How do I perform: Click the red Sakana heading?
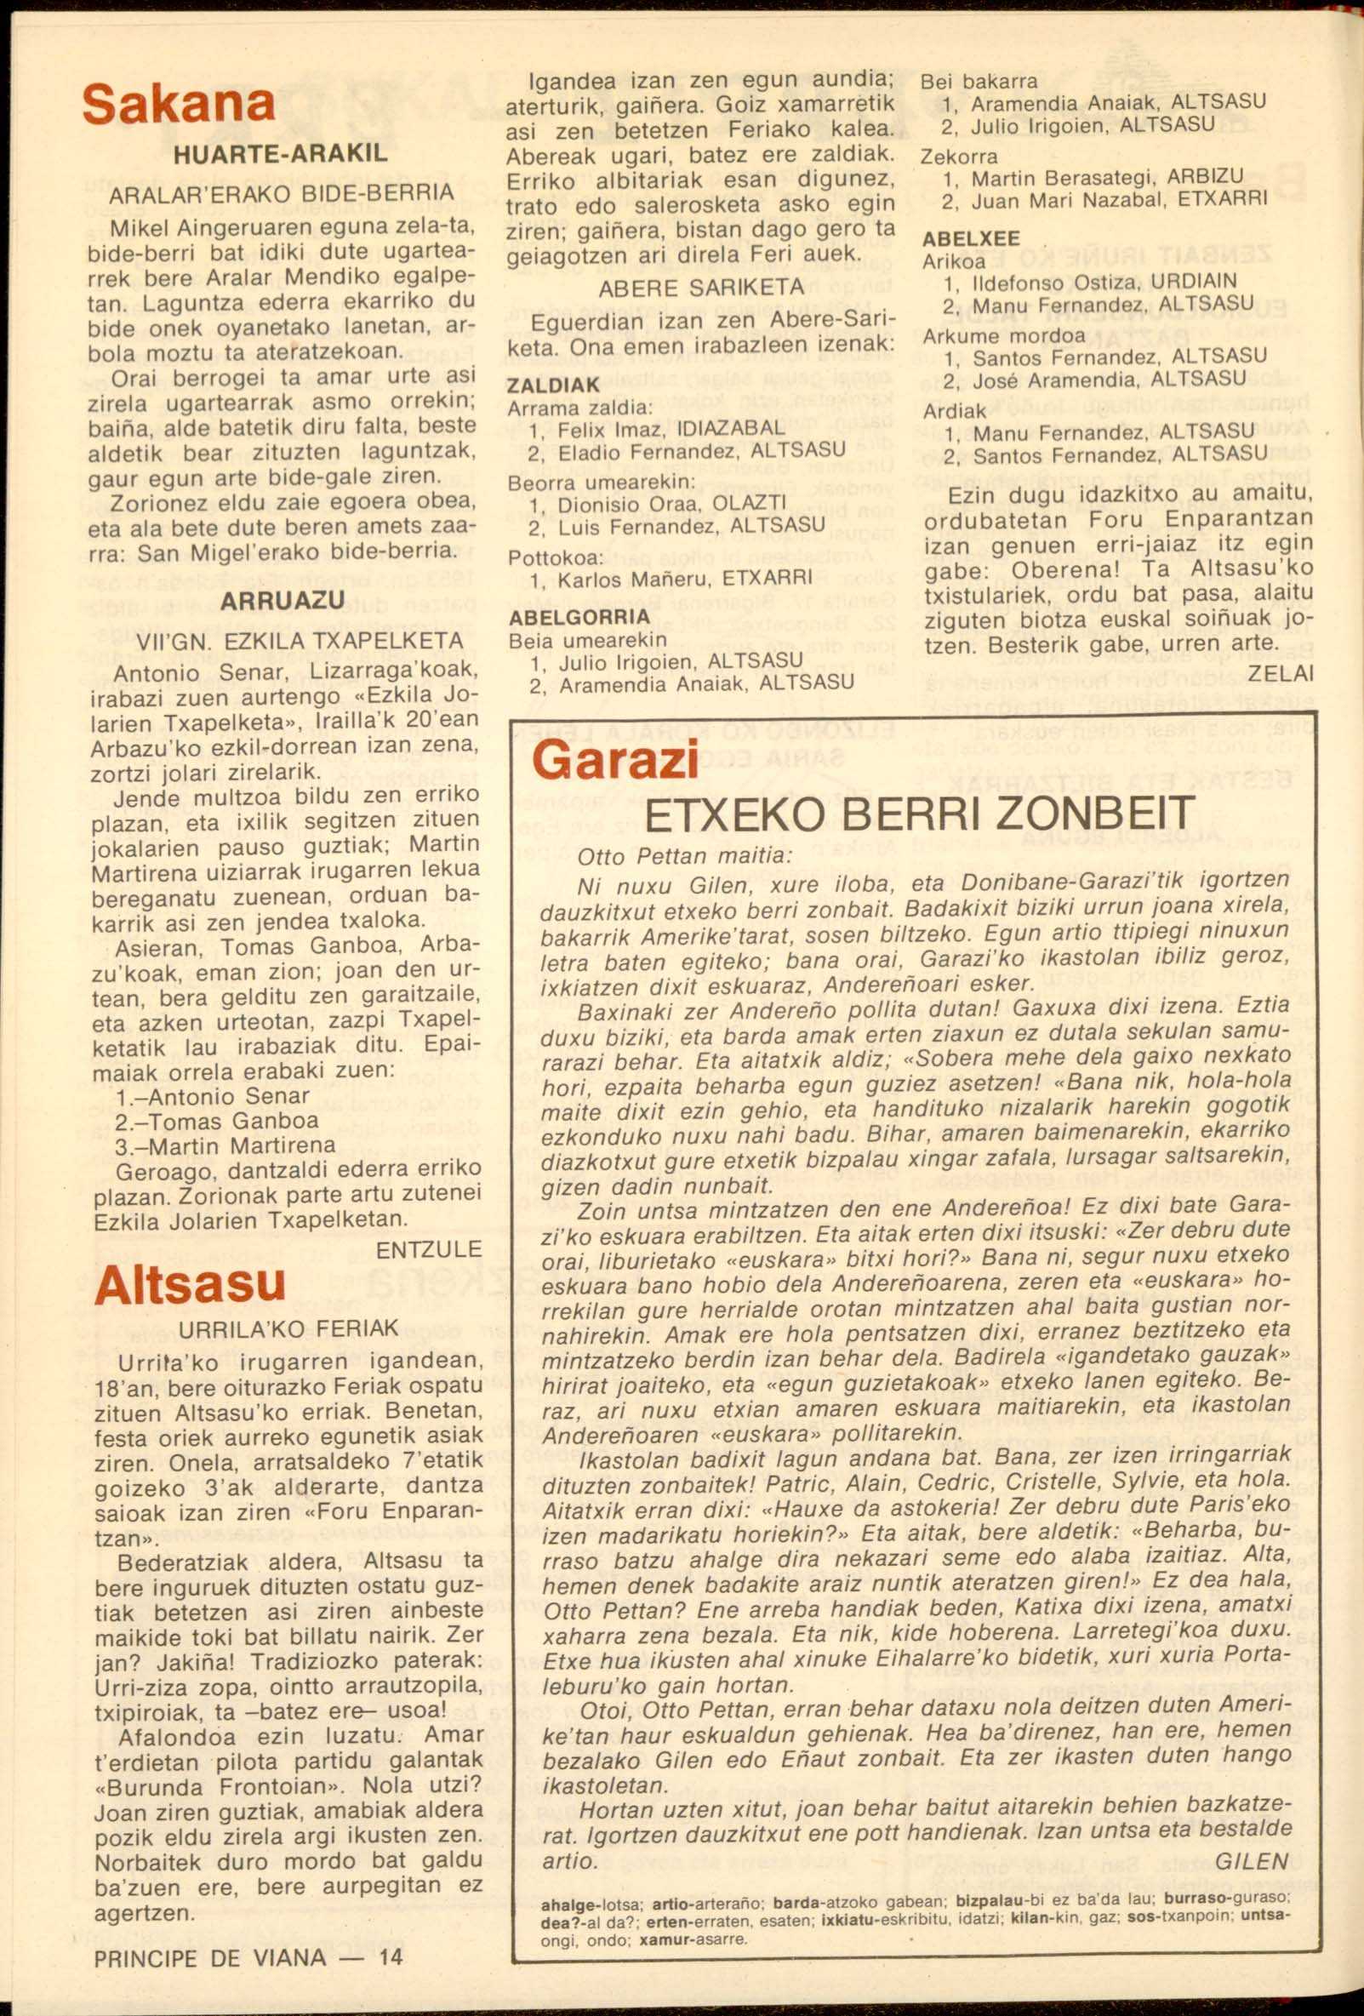click(x=179, y=104)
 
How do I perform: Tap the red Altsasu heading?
click(x=190, y=1283)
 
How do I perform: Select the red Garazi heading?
click(x=615, y=761)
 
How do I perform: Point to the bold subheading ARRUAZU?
click(x=283, y=601)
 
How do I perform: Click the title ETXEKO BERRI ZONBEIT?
click(x=919, y=814)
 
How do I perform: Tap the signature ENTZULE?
click(x=428, y=1249)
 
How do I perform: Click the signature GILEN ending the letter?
click(x=1252, y=1862)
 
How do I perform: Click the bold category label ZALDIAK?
click(x=553, y=385)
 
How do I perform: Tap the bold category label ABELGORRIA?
click(x=579, y=618)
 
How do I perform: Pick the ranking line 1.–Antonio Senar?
click(x=213, y=1095)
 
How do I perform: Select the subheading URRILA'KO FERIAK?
click(x=288, y=1329)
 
